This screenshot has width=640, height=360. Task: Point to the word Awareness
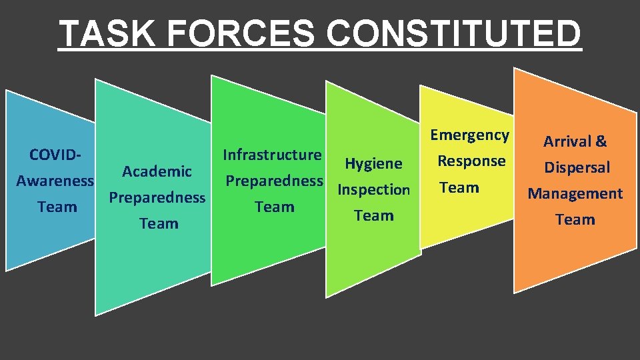[x=55, y=181]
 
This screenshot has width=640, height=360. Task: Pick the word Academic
[x=157, y=171]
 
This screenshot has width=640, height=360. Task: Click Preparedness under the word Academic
[x=157, y=198]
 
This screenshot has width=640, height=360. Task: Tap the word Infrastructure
[x=272, y=155]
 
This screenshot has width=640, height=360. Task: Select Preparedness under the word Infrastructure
[x=274, y=181]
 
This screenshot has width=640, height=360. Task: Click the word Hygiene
[x=373, y=163]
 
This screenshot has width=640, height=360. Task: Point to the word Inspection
[x=373, y=189]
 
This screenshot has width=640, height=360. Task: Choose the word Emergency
[x=469, y=135]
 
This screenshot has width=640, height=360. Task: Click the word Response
[x=471, y=161]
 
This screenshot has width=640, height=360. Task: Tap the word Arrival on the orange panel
[x=567, y=141]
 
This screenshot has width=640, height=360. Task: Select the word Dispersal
[x=577, y=167]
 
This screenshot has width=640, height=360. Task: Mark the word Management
[x=575, y=194]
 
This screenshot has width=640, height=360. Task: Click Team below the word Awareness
[x=57, y=207]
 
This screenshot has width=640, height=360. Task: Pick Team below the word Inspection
[x=374, y=215]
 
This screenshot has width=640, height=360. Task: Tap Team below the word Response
[x=459, y=187]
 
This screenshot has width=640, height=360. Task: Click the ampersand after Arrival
[x=601, y=141]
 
